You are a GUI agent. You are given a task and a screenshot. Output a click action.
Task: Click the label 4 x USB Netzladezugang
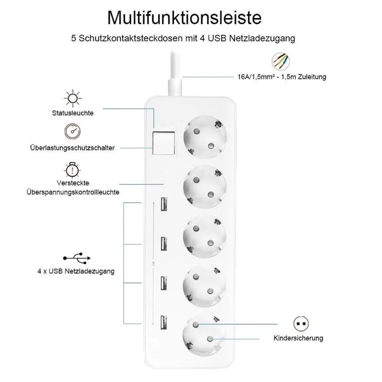(76, 271)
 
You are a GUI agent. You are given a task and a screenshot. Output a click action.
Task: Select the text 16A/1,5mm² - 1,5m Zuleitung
(282, 76)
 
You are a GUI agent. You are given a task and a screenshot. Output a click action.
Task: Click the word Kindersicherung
(298, 338)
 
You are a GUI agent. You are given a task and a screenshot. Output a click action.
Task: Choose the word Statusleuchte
(73, 113)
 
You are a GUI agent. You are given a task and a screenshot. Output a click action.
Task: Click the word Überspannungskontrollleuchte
(73, 191)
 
